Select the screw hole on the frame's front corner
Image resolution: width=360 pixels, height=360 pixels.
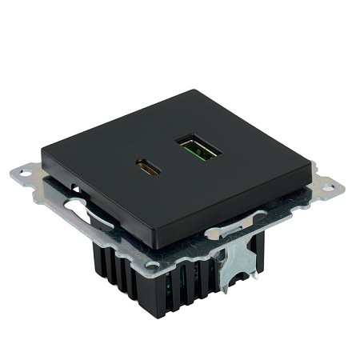(152, 264)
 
